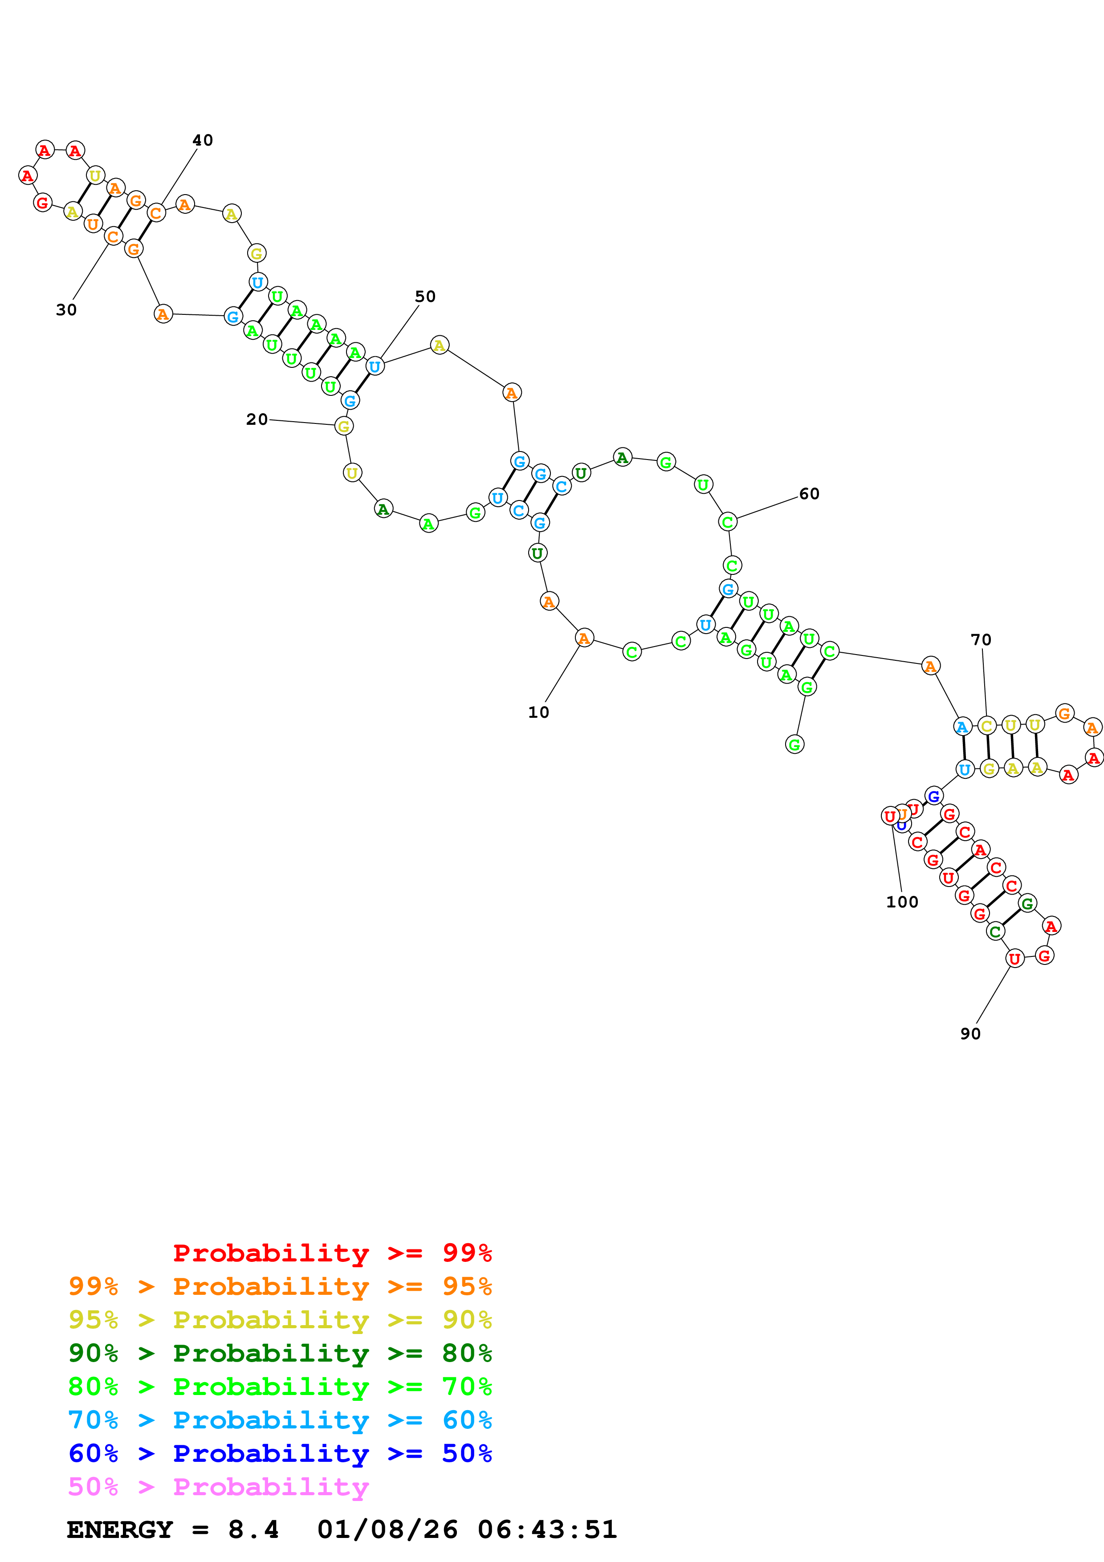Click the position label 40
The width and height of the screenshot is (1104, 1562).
tap(203, 140)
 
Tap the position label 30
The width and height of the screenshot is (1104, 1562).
tap(66, 309)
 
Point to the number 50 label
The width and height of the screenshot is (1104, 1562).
tap(425, 297)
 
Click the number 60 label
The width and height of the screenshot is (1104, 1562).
tap(809, 494)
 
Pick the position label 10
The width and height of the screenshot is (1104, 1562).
tap(538, 712)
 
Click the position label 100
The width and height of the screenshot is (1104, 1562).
tap(902, 902)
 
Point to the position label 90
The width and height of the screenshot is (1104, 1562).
tap(970, 1034)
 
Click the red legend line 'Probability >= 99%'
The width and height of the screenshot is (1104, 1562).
tap(332, 1253)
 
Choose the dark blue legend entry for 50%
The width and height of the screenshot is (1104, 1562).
tap(280, 1453)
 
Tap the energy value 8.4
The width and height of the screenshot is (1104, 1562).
tap(253, 1529)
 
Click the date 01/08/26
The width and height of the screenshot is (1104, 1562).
tap(387, 1529)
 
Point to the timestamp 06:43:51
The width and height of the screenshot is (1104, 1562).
tap(547, 1529)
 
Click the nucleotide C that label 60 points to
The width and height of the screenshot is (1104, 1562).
tap(727, 522)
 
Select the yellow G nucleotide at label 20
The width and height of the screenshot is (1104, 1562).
tap(343, 427)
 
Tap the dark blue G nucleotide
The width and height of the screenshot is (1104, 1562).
tap(934, 796)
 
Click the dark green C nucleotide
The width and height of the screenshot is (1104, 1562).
tap(995, 932)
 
